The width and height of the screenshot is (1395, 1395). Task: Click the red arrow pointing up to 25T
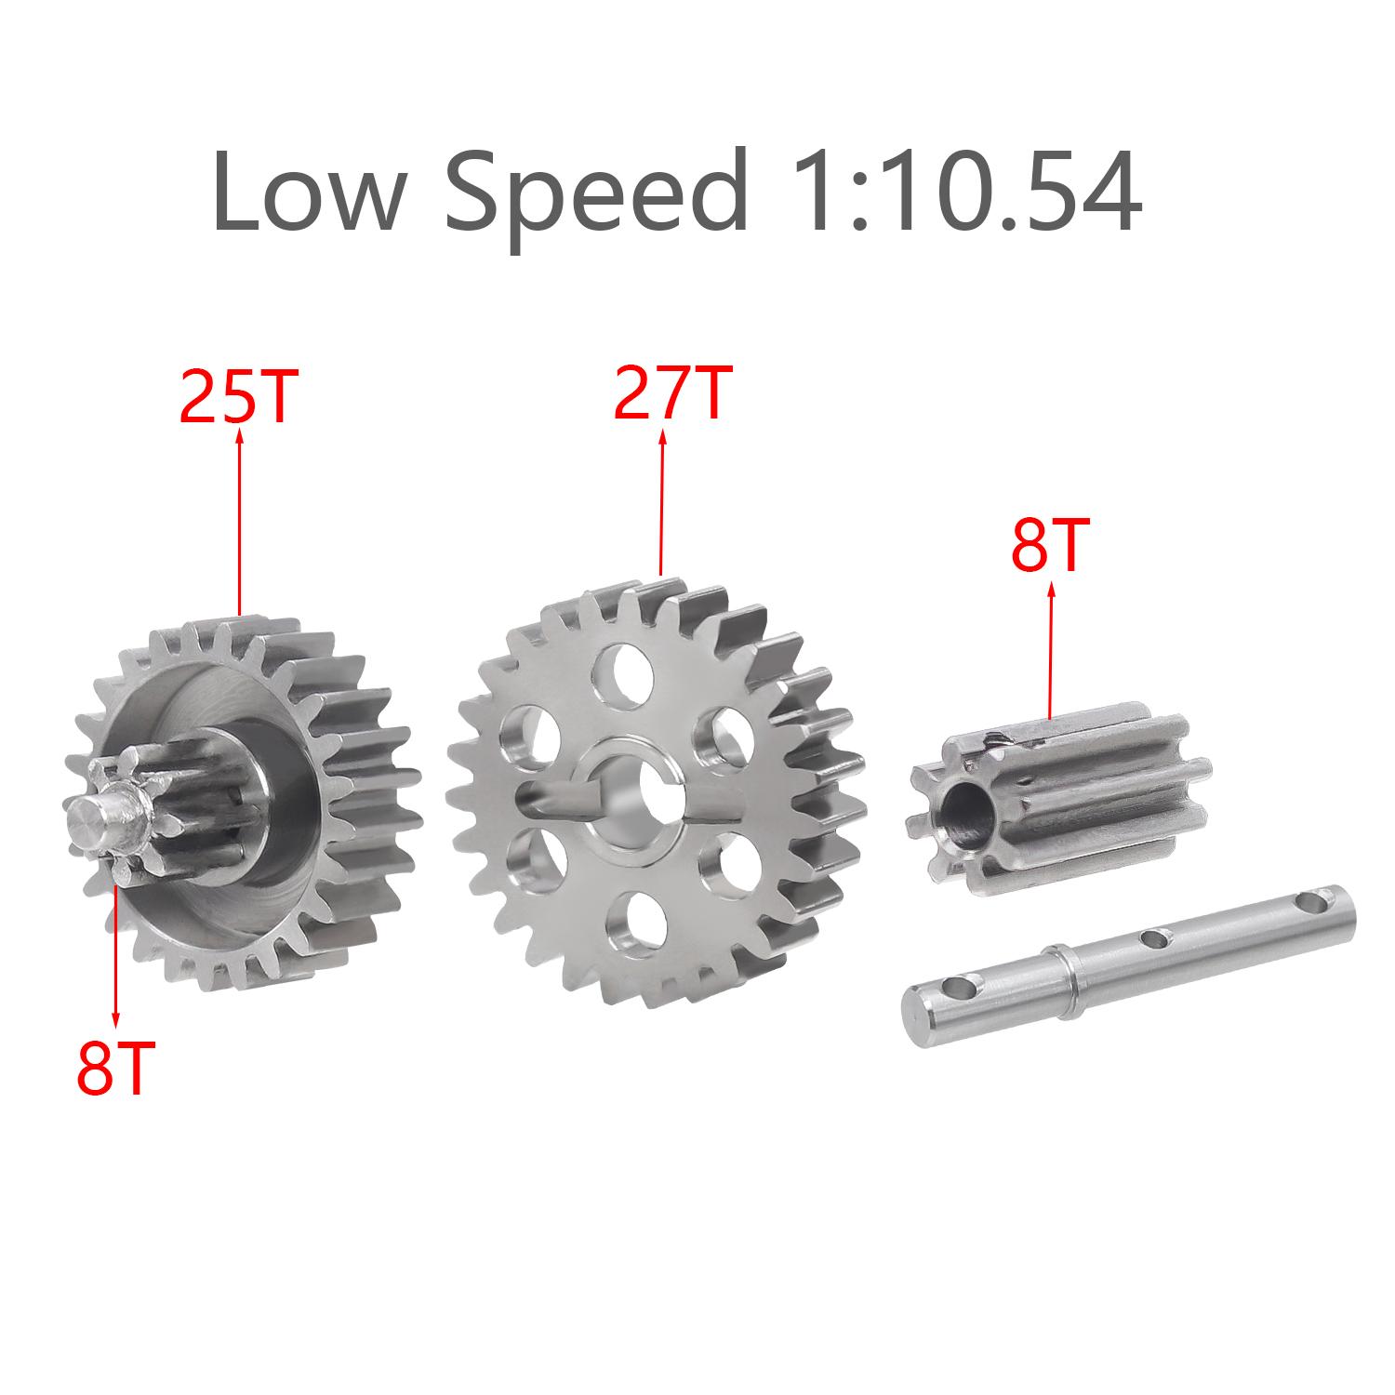click(x=240, y=522)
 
